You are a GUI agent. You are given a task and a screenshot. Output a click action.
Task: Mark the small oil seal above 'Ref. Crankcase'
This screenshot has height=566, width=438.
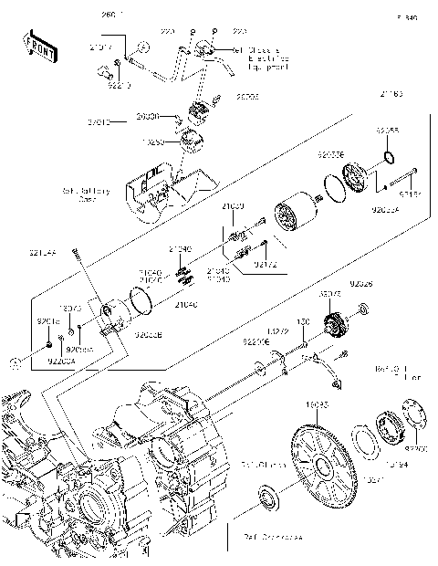pos(269,499)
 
